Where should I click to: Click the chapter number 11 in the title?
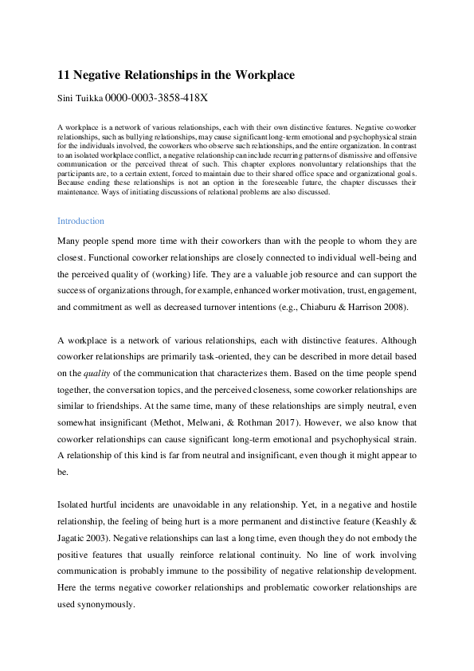pyautogui.click(x=64, y=75)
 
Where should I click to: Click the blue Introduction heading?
pyautogui.click(x=80, y=221)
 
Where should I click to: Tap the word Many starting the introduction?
pyautogui.click(x=70, y=240)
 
